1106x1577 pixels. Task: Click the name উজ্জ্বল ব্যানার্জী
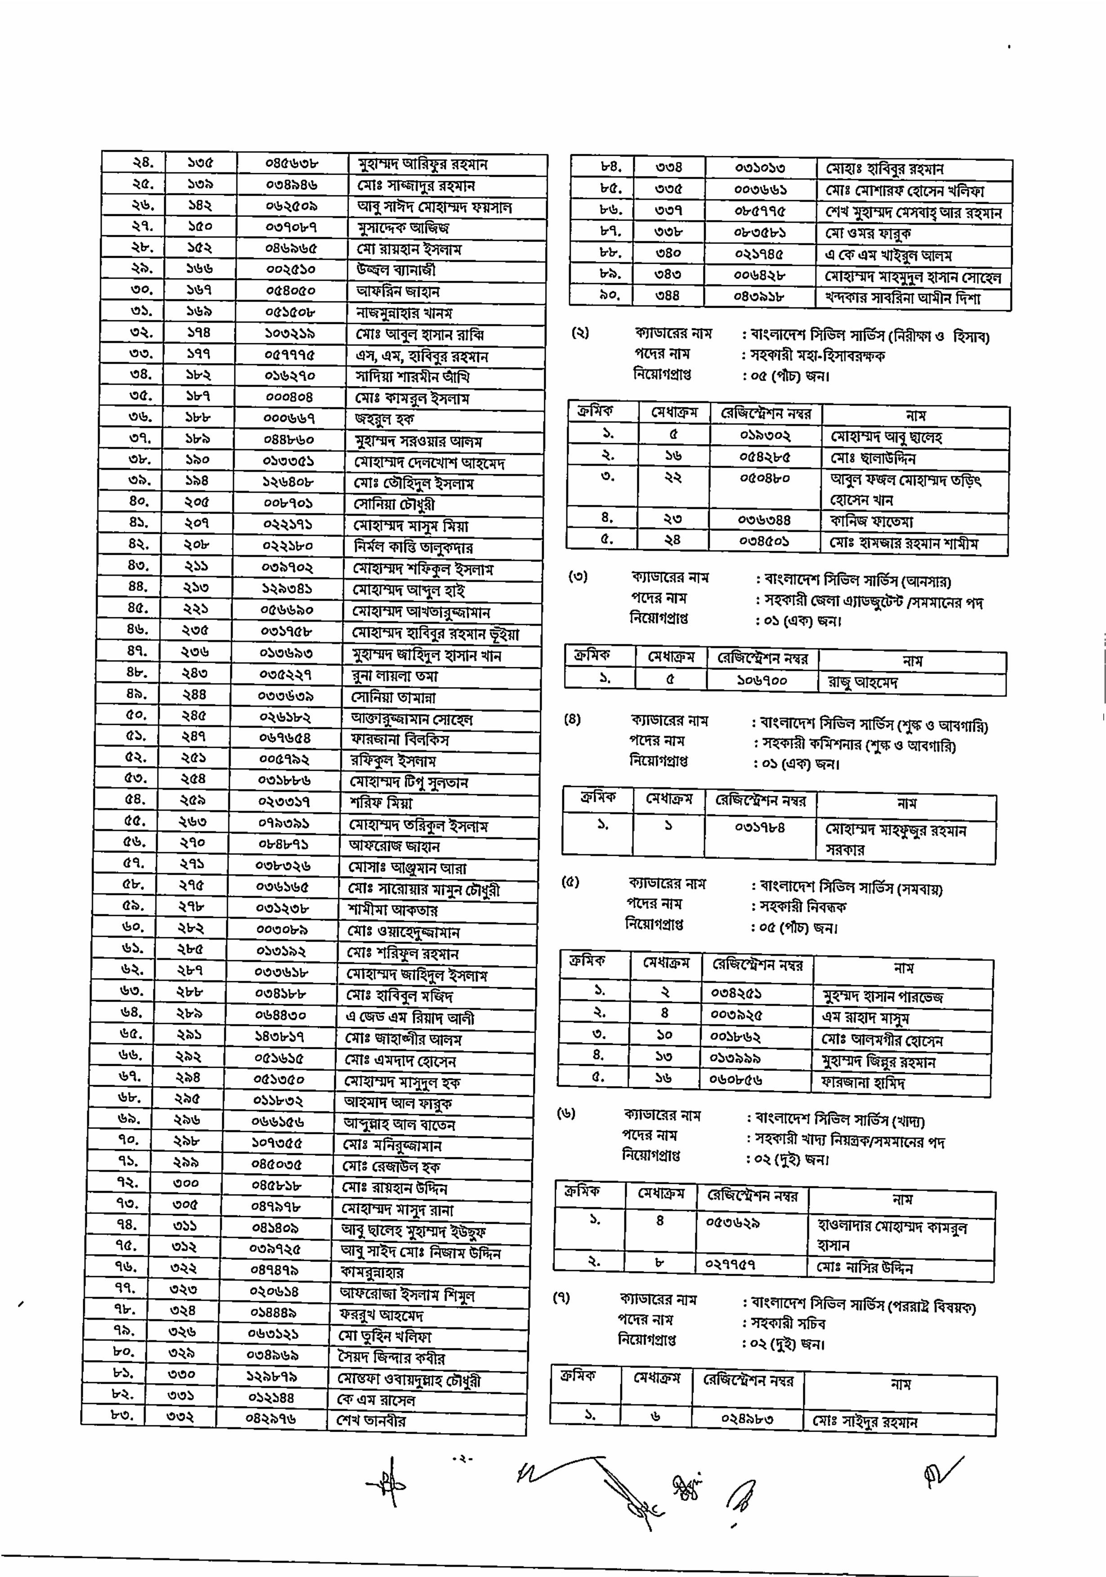396,270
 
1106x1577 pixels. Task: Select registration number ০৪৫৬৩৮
292,164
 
